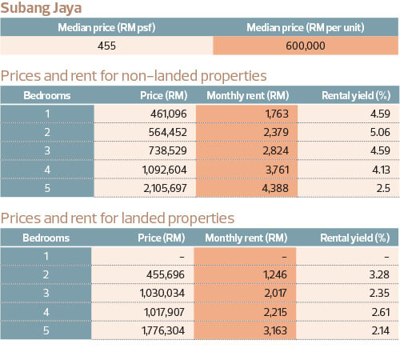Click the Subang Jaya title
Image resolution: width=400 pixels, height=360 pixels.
click(x=41, y=8)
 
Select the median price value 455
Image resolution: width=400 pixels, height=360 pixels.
click(x=106, y=46)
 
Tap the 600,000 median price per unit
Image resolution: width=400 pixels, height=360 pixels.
click(x=306, y=46)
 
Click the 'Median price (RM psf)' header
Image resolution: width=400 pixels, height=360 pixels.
click(x=106, y=27)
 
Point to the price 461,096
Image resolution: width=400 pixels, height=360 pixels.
click(x=169, y=114)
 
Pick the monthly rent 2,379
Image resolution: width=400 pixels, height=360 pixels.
click(x=276, y=132)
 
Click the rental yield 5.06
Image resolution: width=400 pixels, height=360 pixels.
click(x=380, y=132)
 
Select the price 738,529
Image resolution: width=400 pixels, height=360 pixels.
click(x=168, y=150)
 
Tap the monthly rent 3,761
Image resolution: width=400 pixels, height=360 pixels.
click(x=278, y=170)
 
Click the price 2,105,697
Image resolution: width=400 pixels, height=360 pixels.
click(x=165, y=188)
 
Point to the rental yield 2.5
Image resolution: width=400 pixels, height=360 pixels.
click(x=383, y=188)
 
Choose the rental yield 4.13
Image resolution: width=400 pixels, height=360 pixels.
click(x=381, y=170)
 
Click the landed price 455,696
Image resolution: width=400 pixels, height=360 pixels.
click(x=166, y=274)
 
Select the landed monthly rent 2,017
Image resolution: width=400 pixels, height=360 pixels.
click(x=275, y=293)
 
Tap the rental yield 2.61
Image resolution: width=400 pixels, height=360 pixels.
click(x=381, y=312)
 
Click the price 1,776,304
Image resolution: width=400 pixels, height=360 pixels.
click(x=163, y=330)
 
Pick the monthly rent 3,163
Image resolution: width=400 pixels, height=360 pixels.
click(x=275, y=330)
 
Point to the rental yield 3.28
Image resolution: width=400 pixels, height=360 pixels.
click(x=379, y=274)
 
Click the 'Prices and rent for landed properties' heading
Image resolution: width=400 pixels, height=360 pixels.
click(x=118, y=218)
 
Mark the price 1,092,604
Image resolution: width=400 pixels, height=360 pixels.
click(x=165, y=170)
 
